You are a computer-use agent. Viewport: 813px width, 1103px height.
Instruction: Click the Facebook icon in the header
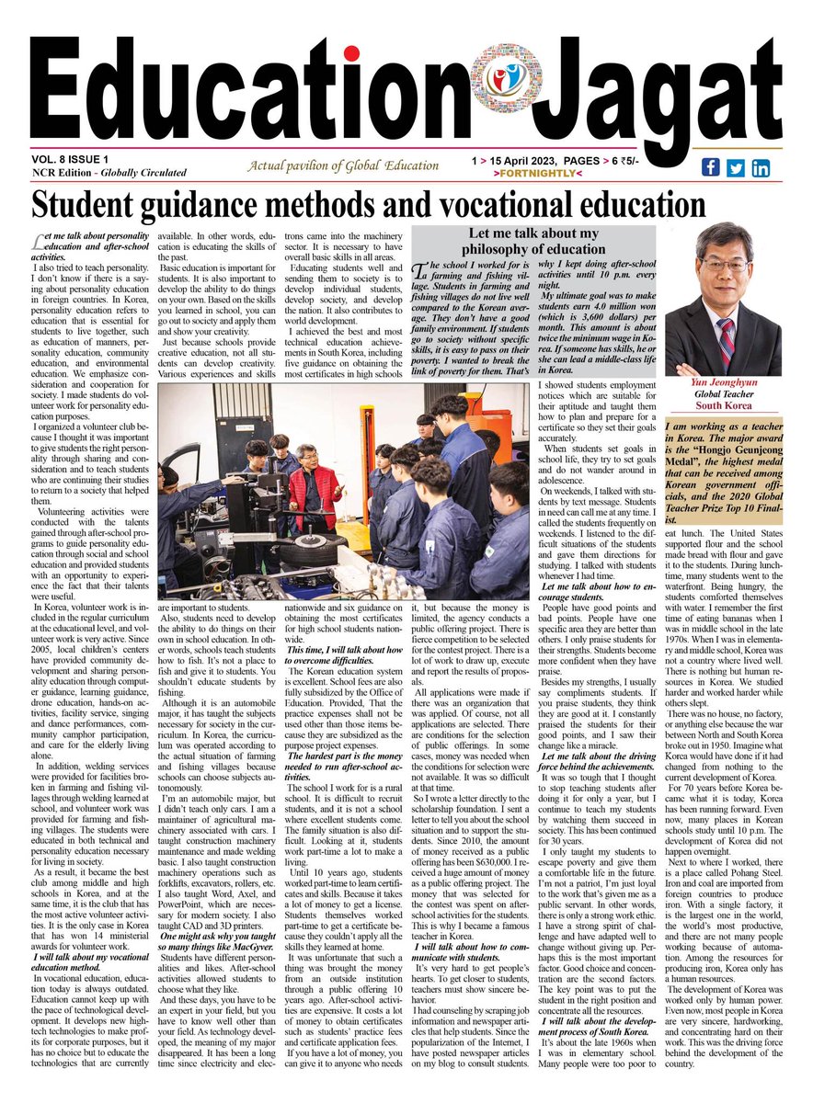tap(711, 167)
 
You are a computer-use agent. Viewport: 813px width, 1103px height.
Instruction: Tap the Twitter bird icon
tap(736, 167)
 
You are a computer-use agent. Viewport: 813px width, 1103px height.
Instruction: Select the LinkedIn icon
tap(761, 167)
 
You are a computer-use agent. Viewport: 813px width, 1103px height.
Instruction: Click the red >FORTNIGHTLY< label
tap(546, 173)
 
